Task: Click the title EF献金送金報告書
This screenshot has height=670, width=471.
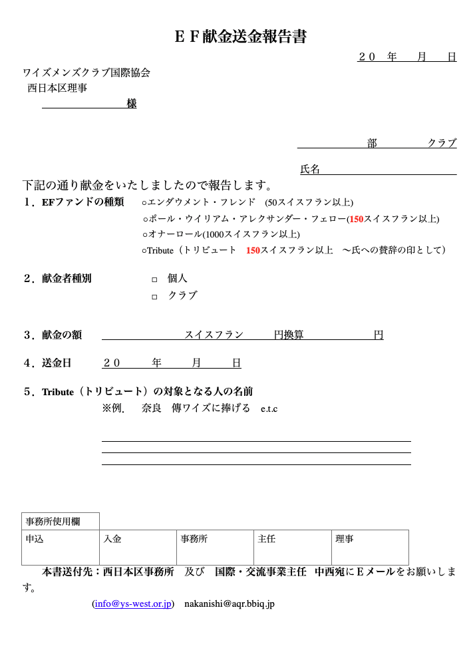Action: [x=240, y=37]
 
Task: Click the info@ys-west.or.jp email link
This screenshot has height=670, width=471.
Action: [x=133, y=604]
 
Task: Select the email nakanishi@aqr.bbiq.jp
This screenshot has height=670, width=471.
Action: [x=230, y=604]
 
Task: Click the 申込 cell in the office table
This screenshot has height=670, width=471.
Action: [x=61, y=547]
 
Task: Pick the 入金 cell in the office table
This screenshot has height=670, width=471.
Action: [x=138, y=547]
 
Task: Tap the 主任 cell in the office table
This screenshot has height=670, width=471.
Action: [x=292, y=547]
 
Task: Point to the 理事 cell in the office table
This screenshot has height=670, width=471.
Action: [x=369, y=547]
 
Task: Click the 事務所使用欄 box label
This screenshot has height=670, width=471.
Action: [x=61, y=521]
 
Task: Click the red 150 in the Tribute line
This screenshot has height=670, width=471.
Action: [x=253, y=251]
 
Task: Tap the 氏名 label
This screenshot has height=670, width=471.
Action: [x=310, y=170]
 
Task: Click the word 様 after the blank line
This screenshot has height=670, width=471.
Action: [x=132, y=104]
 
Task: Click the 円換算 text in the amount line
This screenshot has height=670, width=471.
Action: [x=289, y=335]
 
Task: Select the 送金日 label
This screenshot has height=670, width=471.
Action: [x=57, y=363]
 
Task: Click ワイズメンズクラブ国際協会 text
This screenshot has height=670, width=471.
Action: [x=86, y=73]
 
